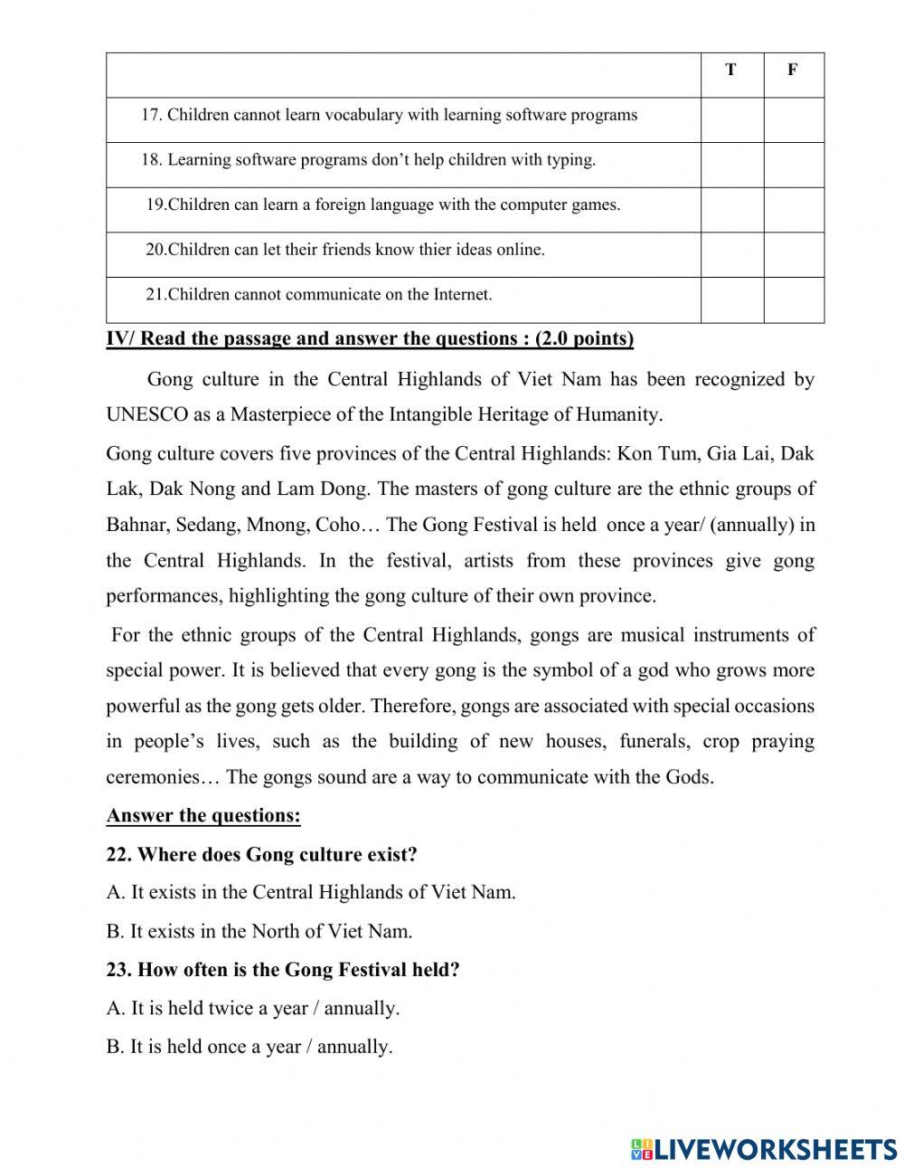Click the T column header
(730, 71)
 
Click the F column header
(793, 71)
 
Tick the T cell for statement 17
(731, 119)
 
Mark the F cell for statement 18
(794, 165)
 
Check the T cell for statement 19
(731, 209)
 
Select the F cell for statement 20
(794, 254)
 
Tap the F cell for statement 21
(794, 299)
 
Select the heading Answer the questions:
(203, 816)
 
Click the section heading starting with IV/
(370, 339)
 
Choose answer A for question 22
(311, 892)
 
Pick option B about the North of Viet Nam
(259, 931)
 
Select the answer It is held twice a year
(252, 1008)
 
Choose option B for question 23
(249, 1048)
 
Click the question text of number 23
(283, 970)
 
